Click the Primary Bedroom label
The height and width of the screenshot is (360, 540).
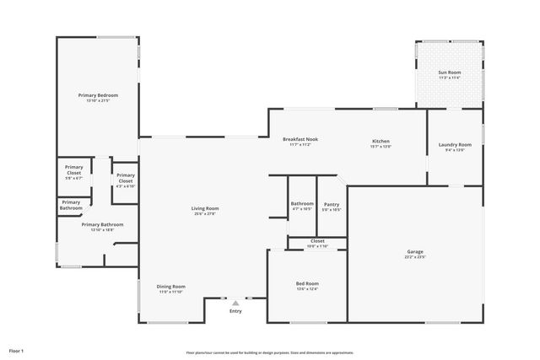click(97, 96)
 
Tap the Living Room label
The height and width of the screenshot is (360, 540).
click(204, 209)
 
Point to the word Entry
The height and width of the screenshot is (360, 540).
click(235, 311)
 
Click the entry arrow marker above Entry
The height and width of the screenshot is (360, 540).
click(235, 303)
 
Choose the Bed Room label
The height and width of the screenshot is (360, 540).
click(306, 283)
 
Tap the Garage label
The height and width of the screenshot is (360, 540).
click(415, 252)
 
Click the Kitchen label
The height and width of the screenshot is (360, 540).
click(381, 141)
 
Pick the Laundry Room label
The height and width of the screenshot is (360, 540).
click(455, 145)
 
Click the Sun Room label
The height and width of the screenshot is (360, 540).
click(449, 73)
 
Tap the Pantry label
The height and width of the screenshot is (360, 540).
click(332, 204)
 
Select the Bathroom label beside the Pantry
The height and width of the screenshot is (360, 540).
click(302, 204)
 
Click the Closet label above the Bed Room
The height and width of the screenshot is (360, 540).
click(317, 241)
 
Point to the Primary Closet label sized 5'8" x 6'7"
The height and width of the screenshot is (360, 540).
click(74, 169)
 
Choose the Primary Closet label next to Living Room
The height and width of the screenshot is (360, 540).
click(125, 178)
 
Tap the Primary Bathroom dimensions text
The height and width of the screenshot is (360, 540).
click(102, 229)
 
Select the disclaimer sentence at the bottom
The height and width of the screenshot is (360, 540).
click(270, 352)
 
